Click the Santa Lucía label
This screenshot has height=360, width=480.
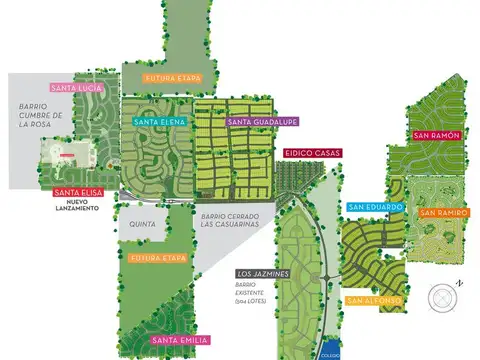[74, 87]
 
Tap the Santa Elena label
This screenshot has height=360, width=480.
[158, 122]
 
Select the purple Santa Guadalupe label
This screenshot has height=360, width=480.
[254, 122]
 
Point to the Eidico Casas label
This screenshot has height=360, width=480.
[312, 153]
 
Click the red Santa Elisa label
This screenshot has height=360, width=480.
[76, 192]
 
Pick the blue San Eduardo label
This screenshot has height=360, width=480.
[376, 207]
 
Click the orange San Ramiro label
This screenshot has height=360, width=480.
[442, 212]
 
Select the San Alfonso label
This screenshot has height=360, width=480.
[374, 300]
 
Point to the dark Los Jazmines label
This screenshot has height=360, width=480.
[263, 273]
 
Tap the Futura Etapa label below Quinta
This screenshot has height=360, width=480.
[159, 258]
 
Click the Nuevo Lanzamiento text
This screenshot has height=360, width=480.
[76, 207]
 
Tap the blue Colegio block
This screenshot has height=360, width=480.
[331, 351]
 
